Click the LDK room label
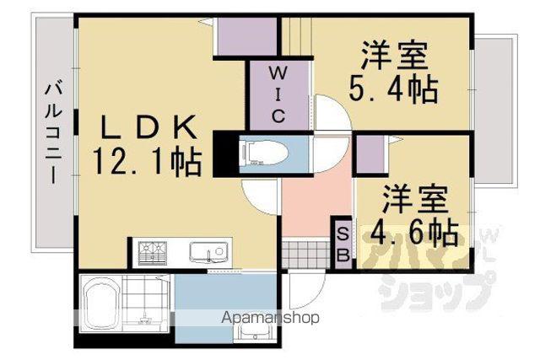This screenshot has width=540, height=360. [x=148, y=126]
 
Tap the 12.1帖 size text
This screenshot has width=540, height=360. [x=147, y=161]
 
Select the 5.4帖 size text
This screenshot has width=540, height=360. [x=393, y=89]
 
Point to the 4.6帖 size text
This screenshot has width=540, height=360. [x=414, y=233]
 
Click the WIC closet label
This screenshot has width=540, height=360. [x=278, y=94]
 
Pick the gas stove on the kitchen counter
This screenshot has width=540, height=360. [x=152, y=253]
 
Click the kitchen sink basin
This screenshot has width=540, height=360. [x=208, y=252]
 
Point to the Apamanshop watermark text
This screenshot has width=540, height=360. [x=270, y=317]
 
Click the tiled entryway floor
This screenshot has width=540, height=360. [x=305, y=255]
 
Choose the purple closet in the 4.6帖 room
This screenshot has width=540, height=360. [x=370, y=154]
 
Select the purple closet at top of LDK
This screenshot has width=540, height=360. [x=247, y=36]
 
